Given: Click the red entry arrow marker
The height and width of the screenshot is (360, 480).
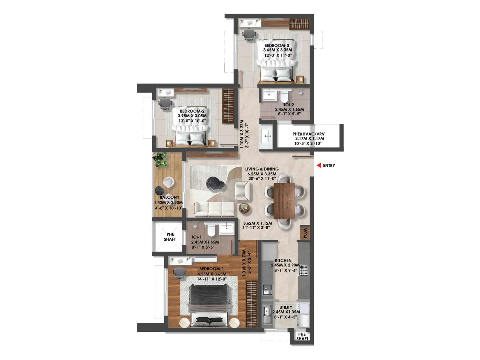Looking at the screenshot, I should pos(319,165).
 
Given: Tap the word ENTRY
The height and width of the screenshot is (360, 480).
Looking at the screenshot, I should pos(329,166).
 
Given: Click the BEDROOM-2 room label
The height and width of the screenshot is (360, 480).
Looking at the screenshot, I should pos(192,111).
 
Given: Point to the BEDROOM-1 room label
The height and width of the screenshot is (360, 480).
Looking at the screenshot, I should pos(211,269).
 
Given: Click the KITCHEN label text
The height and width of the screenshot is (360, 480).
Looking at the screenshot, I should pos(283,261).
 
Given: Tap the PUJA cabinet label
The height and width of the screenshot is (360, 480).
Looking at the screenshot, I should pos(305,233).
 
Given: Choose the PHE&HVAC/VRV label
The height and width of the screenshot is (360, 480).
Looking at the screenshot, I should pos(308,134).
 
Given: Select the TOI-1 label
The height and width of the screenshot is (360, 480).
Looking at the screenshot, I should pos(196,237).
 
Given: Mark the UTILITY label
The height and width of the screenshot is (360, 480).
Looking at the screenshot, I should pos(286,307).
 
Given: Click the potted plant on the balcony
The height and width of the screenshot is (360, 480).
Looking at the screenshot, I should pos(160,159).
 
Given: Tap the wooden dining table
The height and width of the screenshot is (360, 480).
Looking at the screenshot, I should pos(284,200).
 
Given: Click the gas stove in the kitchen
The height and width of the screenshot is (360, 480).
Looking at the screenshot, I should pos(304,270).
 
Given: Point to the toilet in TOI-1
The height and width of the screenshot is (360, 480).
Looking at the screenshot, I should pos(211,230).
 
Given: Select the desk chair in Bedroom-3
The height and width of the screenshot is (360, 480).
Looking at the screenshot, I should pos(249,34).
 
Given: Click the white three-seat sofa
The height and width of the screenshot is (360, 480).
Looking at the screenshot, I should pos(214,209).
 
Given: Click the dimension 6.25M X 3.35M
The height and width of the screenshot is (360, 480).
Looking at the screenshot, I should pos(262,174).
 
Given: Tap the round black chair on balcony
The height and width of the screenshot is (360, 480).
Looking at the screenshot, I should pos(160,190).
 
